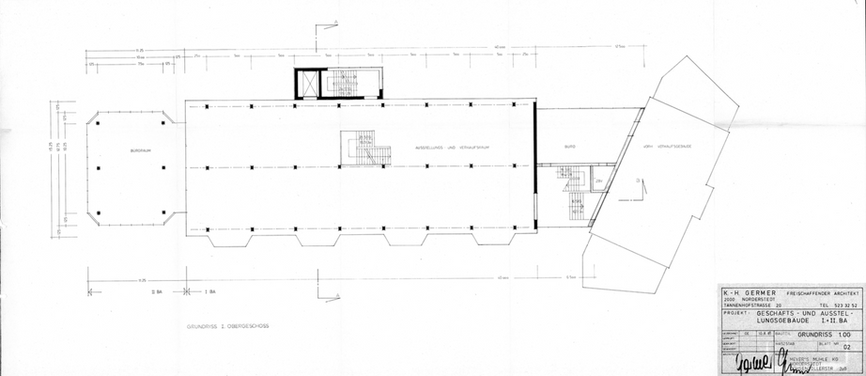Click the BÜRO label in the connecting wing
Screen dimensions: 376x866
tap(569, 148)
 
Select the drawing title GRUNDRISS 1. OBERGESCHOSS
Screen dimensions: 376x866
tap(228, 326)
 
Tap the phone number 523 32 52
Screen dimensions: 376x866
tap(840, 305)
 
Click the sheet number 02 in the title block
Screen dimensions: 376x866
tap(848, 348)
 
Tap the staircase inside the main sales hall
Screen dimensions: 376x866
tap(367, 149)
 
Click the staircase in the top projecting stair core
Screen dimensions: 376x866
tap(350, 84)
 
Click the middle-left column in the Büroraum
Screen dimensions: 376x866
tap(99, 167)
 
